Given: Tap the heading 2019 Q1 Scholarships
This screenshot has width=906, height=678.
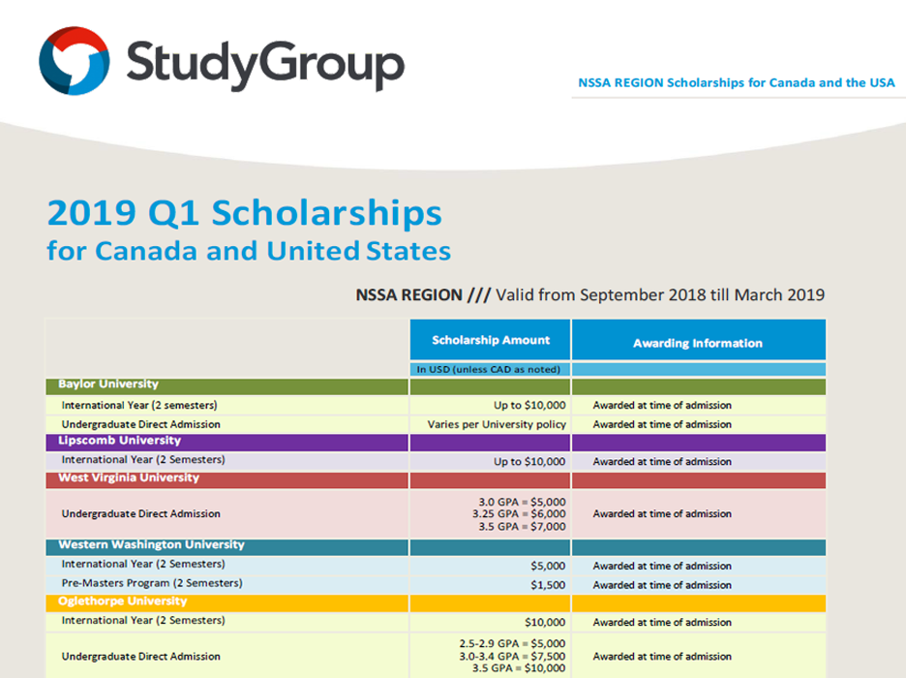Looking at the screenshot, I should tap(245, 213).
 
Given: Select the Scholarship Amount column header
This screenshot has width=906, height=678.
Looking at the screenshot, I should tap(491, 340).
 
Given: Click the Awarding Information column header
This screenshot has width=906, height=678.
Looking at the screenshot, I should tap(697, 343).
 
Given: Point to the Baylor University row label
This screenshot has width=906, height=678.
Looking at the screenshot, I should tap(108, 385).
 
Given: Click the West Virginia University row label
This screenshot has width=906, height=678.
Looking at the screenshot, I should tap(129, 478).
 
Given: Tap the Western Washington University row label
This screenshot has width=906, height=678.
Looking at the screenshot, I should tap(151, 544).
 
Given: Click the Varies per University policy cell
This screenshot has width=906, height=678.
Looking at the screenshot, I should tap(497, 424).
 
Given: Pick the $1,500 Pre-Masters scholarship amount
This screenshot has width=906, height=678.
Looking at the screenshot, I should tap(548, 585).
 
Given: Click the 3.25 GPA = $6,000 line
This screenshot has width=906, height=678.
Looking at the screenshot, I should tap(519, 513).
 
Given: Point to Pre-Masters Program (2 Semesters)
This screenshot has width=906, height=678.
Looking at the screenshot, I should tap(152, 583).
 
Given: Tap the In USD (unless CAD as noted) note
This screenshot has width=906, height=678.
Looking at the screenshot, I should tap(489, 369).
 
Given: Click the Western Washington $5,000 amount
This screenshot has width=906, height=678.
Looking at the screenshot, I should tap(548, 566).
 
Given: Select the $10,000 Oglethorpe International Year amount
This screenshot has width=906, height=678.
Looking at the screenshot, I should tap(544, 622).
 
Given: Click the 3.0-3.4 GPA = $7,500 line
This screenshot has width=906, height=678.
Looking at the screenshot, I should tap(512, 656).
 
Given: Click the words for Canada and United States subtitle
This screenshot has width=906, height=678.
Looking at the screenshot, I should tap(249, 251).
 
